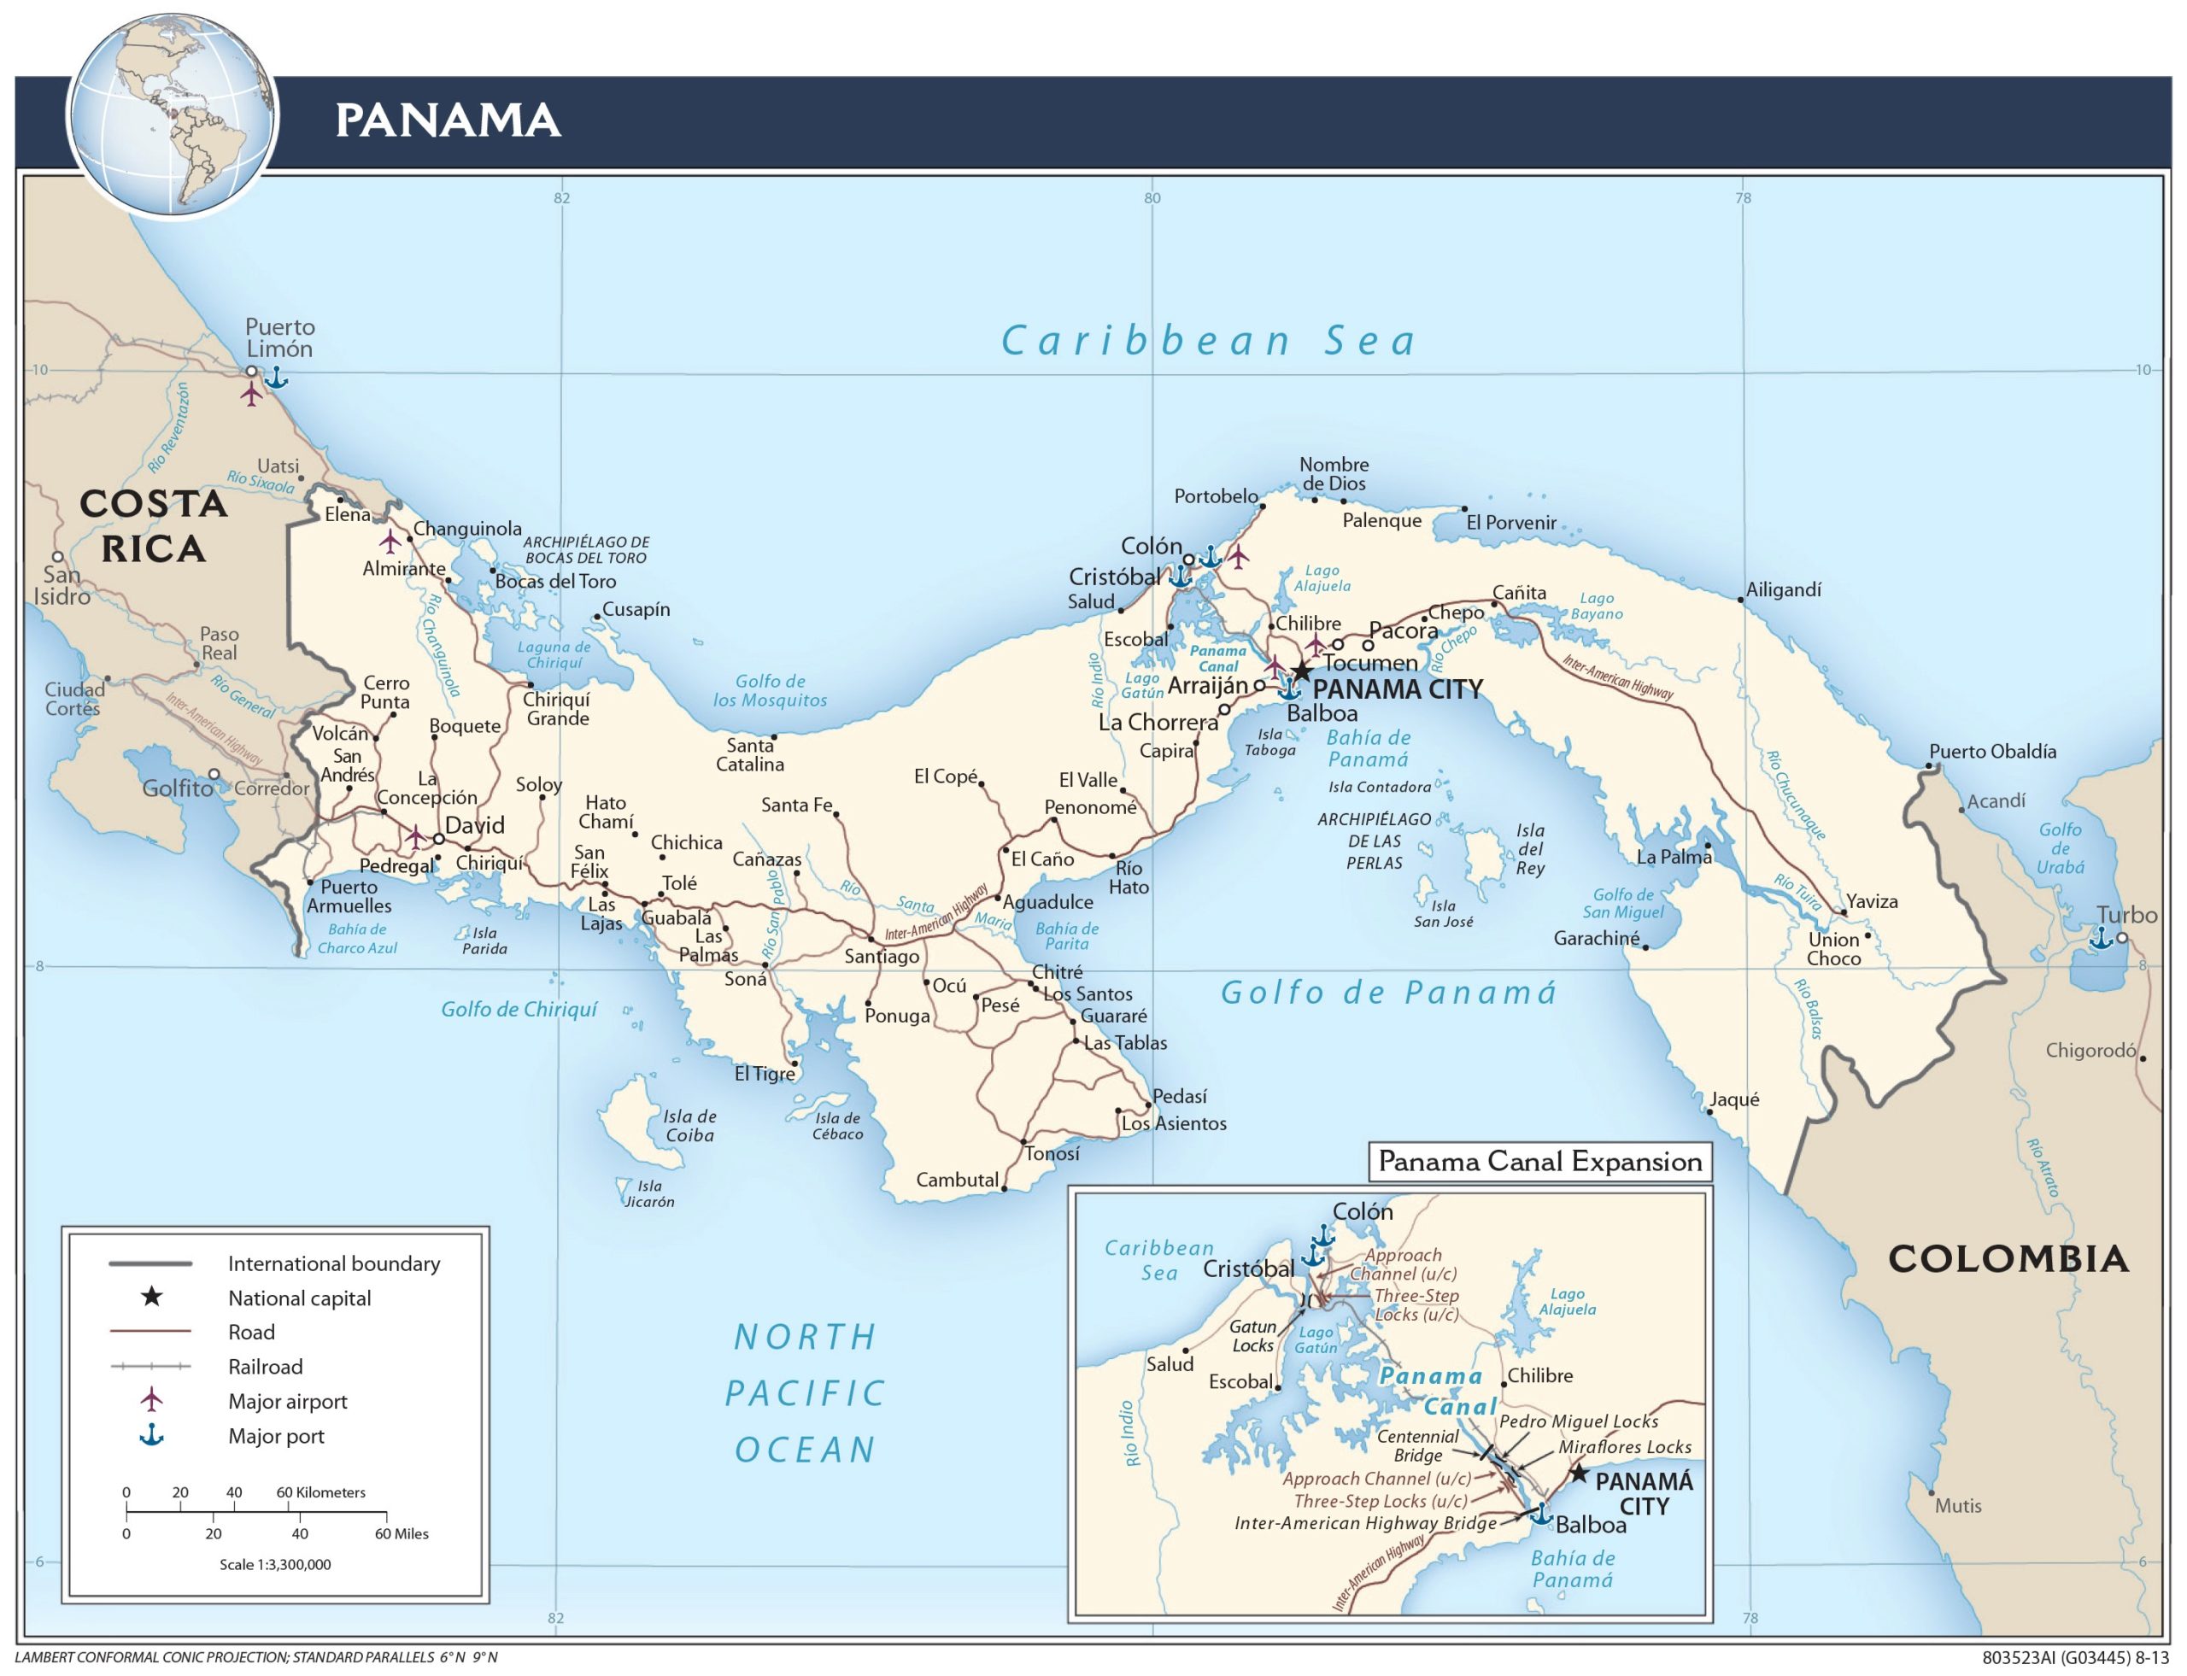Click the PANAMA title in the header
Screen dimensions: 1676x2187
(x=447, y=120)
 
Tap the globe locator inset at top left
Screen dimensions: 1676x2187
(x=172, y=113)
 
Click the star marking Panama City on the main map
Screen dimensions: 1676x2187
(x=1301, y=671)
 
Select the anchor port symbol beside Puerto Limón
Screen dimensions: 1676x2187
(x=275, y=377)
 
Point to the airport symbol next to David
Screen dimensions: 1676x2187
(x=415, y=836)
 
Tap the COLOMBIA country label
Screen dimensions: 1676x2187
(x=2008, y=1259)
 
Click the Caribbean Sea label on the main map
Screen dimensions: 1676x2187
(x=1208, y=341)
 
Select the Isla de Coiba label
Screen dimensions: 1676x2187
(x=689, y=1125)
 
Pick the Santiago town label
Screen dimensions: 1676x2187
(x=881, y=957)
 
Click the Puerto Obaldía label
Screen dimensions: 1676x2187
(x=1991, y=751)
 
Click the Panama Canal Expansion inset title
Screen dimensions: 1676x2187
(x=1539, y=1161)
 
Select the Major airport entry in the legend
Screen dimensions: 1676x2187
(x=287, y=1402)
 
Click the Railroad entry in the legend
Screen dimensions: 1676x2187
(x=266, y=1367)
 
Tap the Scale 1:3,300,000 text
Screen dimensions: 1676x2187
(x=274, y=1564)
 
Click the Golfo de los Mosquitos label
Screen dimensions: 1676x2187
(x=769, y=690)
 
